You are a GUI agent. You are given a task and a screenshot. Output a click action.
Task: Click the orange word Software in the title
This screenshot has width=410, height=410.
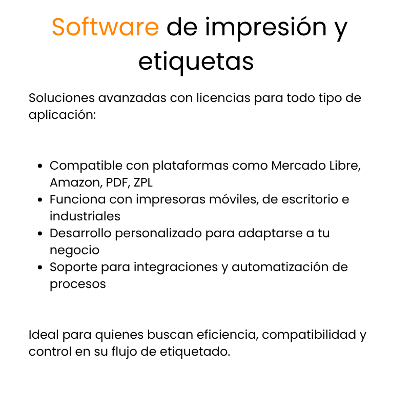(106, 27)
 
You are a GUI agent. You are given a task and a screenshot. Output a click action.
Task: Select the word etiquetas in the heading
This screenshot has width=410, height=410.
(196, 63)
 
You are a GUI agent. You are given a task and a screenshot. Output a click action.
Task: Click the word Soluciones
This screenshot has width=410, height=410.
(61, 98)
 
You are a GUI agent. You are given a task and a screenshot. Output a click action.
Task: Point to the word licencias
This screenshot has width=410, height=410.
(223, 98)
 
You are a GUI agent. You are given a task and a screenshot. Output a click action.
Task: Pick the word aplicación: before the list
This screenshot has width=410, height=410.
(62, 115)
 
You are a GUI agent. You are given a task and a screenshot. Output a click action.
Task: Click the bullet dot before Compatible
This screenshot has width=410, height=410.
(40, 166)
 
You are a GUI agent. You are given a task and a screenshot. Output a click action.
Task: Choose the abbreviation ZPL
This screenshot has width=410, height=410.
(143, 182)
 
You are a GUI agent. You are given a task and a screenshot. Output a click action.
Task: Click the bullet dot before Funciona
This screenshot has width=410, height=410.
(40, 199)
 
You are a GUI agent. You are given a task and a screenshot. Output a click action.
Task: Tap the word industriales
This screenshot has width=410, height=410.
(85, 216)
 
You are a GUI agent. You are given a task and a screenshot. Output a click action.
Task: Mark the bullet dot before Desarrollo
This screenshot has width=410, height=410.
(40, 233)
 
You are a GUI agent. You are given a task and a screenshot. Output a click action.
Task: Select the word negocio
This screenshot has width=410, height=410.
(74, 251)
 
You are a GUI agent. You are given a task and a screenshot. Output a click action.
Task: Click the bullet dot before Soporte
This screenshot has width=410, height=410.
(40, 267)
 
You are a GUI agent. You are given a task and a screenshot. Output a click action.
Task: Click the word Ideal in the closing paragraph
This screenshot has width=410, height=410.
(44, 335)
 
